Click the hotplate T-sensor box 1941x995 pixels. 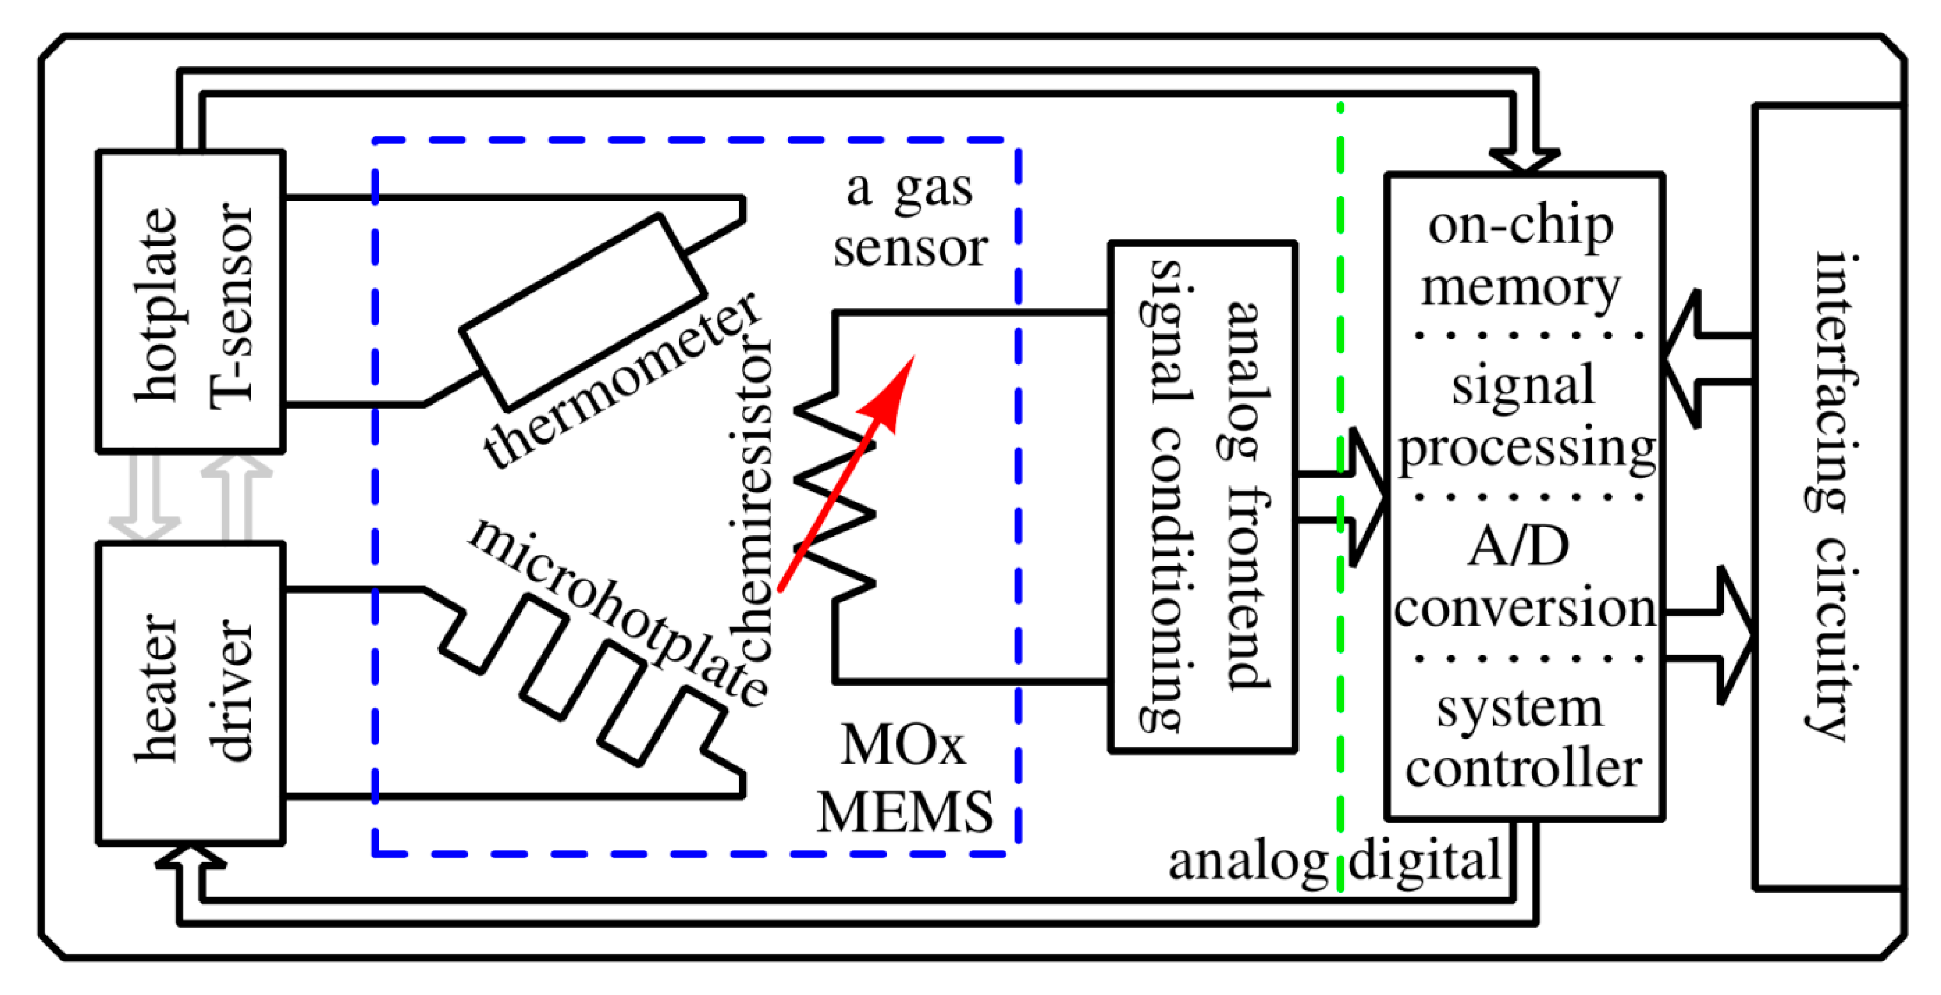191,301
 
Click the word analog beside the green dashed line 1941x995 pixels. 1247,861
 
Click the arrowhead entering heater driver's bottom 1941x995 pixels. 190,859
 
